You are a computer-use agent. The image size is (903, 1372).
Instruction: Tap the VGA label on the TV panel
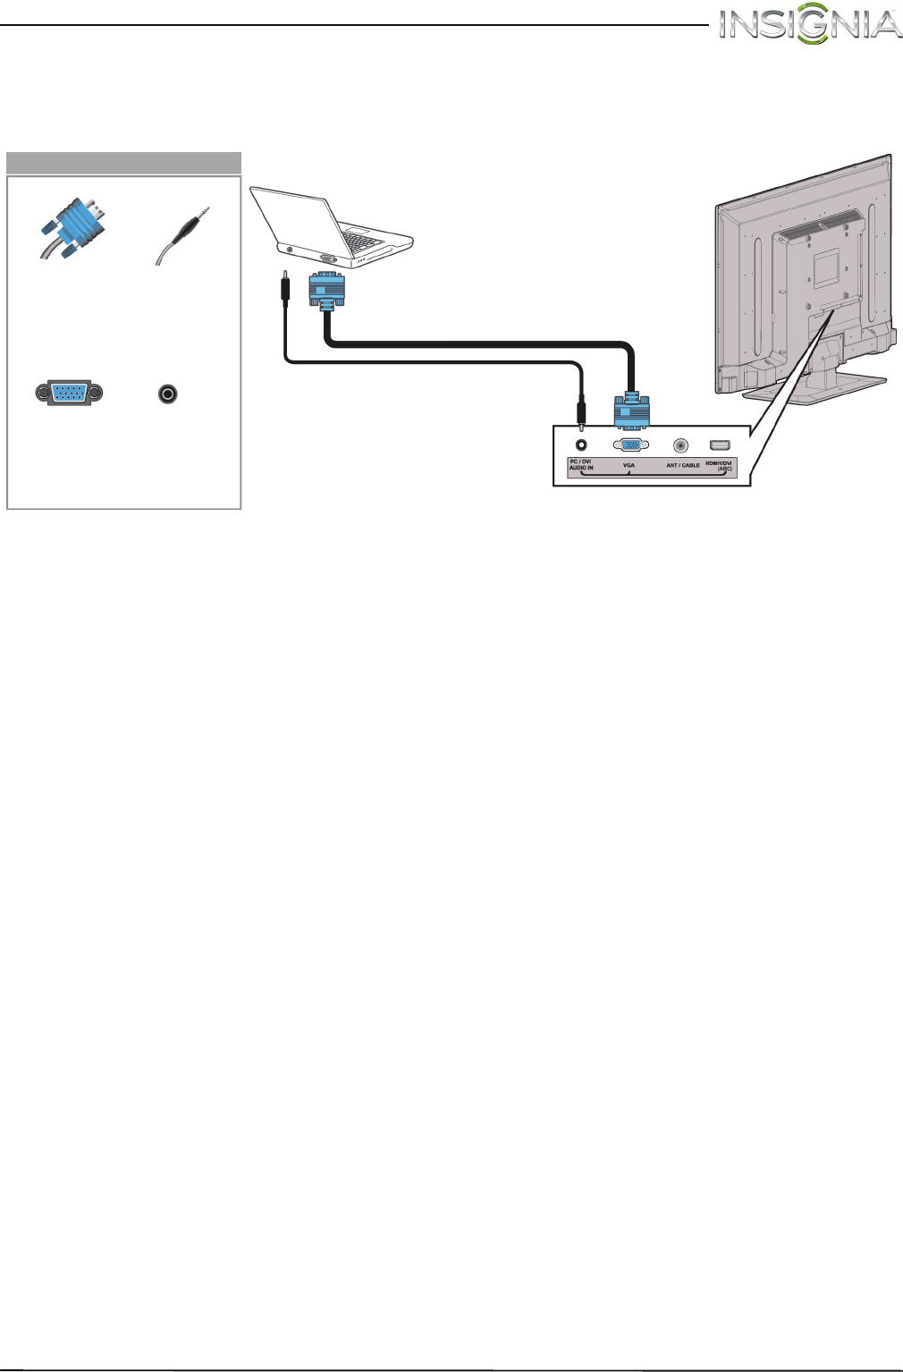(629, 465)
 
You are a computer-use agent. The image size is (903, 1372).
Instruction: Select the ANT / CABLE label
(683, 465)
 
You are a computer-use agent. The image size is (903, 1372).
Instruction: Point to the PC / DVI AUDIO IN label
(581, 464)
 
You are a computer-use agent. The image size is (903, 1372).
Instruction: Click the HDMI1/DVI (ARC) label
(719, 465)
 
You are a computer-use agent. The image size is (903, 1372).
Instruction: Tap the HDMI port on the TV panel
(720, 445)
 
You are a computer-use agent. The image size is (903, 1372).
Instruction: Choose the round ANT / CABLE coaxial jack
(681, 445)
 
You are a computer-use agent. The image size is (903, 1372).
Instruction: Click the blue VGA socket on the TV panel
(629, 445)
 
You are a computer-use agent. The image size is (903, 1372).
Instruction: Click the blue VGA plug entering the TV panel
(631, 412)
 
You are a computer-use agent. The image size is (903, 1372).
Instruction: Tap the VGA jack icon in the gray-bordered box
(69, 393)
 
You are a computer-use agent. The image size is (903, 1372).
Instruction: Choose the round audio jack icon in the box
(167, 394)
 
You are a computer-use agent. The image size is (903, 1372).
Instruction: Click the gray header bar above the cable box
(123, 163)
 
